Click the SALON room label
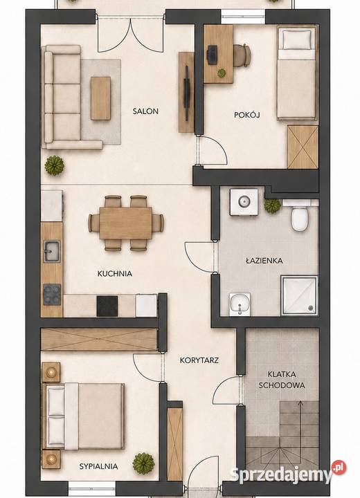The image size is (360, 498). click(x=145, y=111)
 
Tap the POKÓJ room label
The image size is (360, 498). click(x=246, y=115)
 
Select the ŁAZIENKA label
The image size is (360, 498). click(x=264, y=261)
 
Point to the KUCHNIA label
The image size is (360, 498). click(x=115, y=273)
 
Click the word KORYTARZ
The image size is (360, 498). click(x=199, y=360)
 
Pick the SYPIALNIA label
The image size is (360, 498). click(x=98, y=466)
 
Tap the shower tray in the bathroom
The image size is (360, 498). click(x=299, y=296)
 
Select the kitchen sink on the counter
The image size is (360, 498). click(x=51, y=251)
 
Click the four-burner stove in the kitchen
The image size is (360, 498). click(x=52, y=294)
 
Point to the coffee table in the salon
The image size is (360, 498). click(x=100, y=98)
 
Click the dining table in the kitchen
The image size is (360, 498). click(x=125, y=223)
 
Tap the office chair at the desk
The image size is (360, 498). click(x=242, y=55)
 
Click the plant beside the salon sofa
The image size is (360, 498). click(x=55, y=165)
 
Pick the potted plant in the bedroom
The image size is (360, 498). click(x=143, y=463)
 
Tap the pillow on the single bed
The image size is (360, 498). click(x=297, y=39)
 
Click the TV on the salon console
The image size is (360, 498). click(x=187, y=93)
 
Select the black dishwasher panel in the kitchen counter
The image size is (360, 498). click(x=107, y=306)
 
